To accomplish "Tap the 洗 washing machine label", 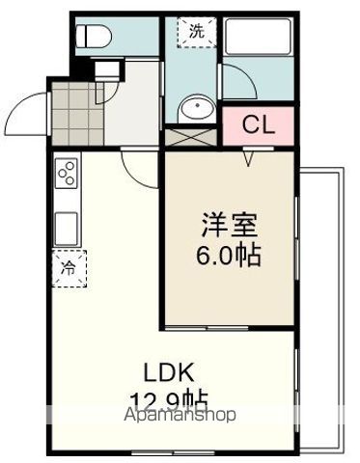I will (196, 30).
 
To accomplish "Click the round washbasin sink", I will (196, 106).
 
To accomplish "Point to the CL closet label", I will (257, 124).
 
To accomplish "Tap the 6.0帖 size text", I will (229, 258).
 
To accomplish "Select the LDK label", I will (171, 371).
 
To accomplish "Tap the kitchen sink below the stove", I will (67, 229).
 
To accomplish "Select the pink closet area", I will (257, 124).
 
